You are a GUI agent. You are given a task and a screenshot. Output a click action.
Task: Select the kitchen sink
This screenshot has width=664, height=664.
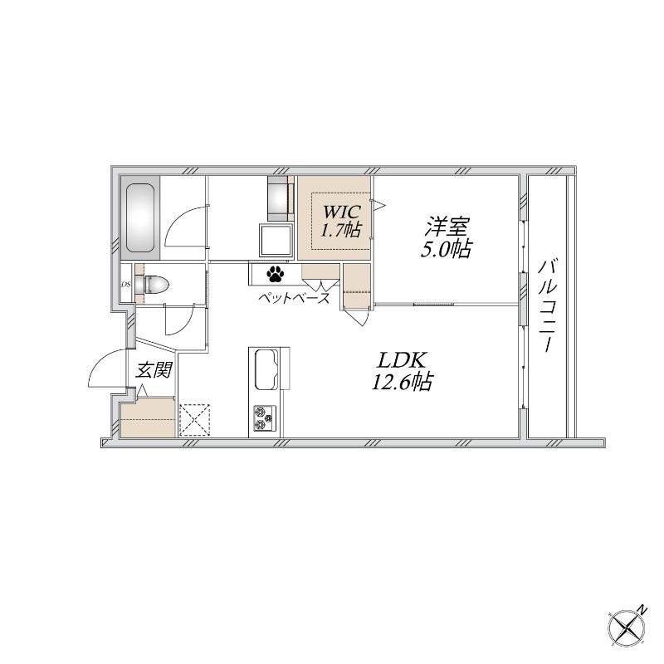266,369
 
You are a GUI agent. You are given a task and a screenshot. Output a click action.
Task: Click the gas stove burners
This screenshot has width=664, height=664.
265,418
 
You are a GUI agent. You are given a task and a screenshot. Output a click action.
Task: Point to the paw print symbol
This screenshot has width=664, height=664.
275,274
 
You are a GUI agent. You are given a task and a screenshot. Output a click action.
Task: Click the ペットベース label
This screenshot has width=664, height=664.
294,298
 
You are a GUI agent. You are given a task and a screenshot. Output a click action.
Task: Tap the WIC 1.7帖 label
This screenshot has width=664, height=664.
341,221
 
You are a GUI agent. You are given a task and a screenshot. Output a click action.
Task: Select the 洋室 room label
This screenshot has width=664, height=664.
447,227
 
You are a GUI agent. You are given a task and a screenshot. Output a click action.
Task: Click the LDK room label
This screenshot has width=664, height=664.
402,361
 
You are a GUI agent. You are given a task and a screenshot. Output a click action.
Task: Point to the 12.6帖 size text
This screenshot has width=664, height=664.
402,382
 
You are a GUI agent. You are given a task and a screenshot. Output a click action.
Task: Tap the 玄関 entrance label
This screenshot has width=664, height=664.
153,370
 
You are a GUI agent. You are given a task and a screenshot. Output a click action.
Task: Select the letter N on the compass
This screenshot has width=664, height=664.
642,610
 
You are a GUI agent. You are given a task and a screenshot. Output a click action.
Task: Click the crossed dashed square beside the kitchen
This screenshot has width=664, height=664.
195,420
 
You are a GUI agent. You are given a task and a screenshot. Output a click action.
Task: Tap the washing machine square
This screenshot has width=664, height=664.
276,241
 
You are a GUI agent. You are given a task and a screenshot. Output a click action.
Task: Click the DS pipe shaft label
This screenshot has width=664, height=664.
126,285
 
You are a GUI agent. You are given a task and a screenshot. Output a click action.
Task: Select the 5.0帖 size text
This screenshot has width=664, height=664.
446,249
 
